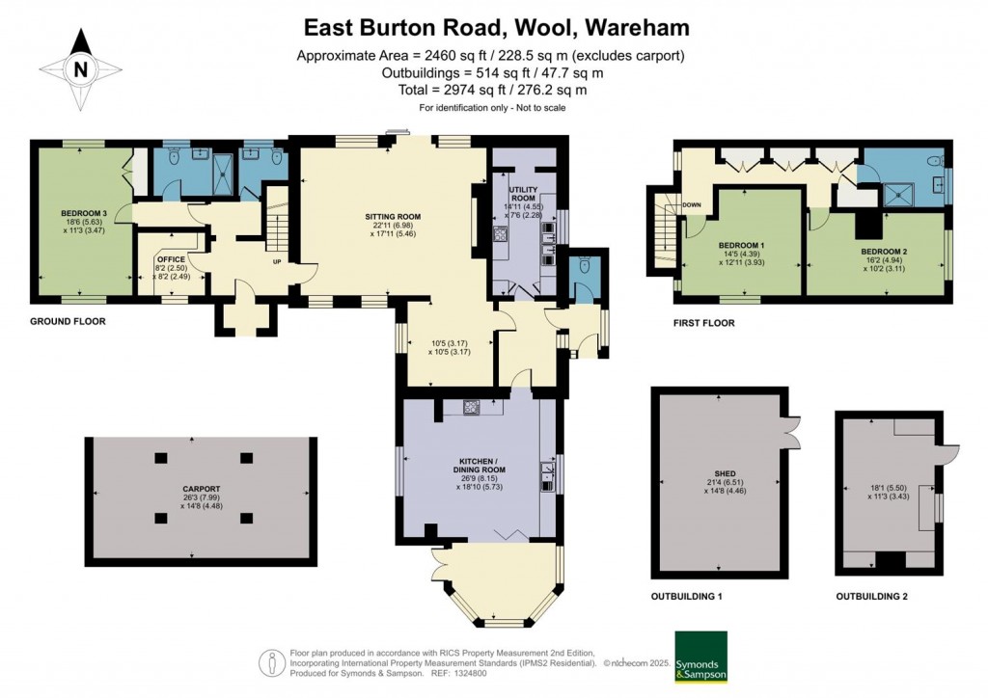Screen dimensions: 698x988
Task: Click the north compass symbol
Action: (81, 68)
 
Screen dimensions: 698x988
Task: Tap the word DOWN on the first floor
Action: (692, 205)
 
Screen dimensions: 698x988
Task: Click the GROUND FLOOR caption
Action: (68, 321)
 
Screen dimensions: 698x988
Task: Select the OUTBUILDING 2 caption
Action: (872, 597)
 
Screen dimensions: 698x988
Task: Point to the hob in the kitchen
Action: (473, 407)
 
